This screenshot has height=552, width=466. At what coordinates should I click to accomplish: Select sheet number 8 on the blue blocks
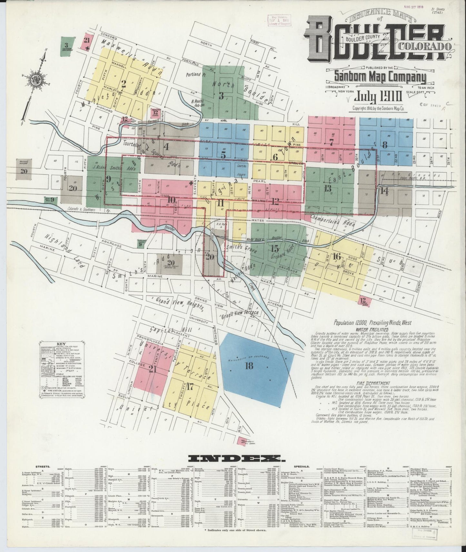point(384,145)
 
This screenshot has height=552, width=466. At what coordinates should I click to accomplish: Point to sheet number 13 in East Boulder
point(328,188)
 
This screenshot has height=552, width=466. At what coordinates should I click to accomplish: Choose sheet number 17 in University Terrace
point(190,387)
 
